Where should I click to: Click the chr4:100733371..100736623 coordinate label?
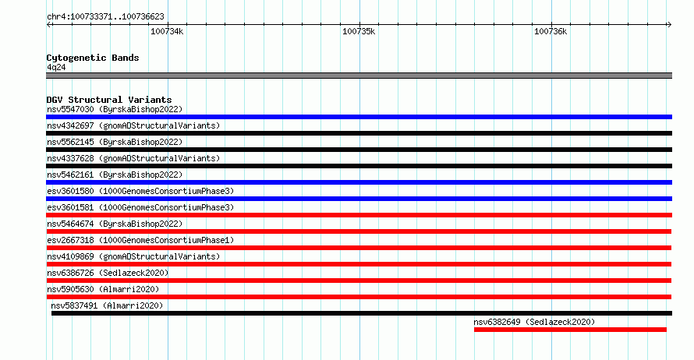[x=105, y=17]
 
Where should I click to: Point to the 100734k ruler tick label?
[x=167, y=31]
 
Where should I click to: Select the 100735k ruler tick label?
[x=359, y=31]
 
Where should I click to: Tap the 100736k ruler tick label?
[x=551, y=31]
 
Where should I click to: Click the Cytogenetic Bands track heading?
[x=93, y=58]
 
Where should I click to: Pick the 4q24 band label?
[x=56, y=67]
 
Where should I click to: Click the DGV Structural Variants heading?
[x=109, y=100]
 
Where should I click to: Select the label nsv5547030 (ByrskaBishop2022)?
[x=115, y=109]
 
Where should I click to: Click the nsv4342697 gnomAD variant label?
[x=133, y=125]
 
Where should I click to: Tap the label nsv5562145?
[x=70, y=142]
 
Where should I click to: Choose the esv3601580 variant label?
[x=70, y=191]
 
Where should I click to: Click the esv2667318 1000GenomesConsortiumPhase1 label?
[x=140, y=240]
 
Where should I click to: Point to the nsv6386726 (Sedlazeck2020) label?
[x=108, y=273]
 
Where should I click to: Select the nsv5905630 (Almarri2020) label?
[x=103, y=289]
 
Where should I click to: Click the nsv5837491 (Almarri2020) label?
[x=107, y=305]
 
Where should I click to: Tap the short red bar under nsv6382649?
[x=570, y=330]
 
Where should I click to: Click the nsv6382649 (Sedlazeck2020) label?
[x=534, y=322]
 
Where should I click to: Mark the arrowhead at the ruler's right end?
[x=670, y=25]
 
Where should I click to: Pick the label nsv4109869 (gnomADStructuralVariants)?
[x=133, y=256]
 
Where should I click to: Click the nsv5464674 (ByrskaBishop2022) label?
[x=115, y=224]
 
